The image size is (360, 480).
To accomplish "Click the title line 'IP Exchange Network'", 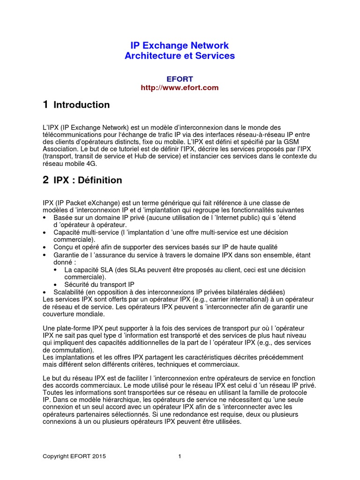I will tap(180, 45).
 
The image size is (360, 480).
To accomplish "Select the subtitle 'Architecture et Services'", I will tap(180, 56).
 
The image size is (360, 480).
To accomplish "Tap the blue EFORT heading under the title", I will tap(180, 79).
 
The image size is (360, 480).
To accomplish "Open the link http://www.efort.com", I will tap(180, 87).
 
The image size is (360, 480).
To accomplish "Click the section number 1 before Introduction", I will tap(45, 105).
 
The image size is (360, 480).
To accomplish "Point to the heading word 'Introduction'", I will tap(82, 105).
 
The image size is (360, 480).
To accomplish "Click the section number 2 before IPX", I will tap(45, 180).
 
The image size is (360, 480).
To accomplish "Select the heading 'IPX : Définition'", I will tap(88, 180).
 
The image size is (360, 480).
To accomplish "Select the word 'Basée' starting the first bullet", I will tap(62, 217).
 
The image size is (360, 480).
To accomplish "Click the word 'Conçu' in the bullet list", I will tap(63, 247).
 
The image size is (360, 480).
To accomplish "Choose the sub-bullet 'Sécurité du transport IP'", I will tap(99, 284).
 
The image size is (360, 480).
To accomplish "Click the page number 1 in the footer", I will tap(180, 456).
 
